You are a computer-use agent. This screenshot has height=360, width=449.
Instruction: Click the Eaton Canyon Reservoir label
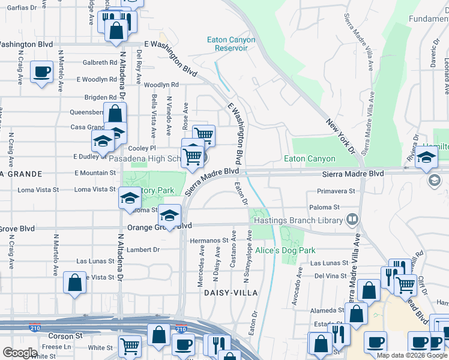click(231, 44)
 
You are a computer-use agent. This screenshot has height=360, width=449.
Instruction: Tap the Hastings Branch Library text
click(297, 220)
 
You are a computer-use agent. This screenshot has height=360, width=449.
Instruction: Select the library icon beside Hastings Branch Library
click(351, 220)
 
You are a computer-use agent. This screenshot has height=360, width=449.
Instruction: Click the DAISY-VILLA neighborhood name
click(231, 292)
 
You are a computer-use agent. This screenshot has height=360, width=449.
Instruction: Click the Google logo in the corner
click(20, 353)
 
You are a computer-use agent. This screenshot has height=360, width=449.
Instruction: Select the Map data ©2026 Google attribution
click(412, 355)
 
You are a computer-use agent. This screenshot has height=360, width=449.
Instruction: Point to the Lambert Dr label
click(144, 250)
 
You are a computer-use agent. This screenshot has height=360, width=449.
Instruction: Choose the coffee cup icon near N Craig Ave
click(41, 73)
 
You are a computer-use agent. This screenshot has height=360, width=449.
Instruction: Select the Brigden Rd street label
click(100, 97)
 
